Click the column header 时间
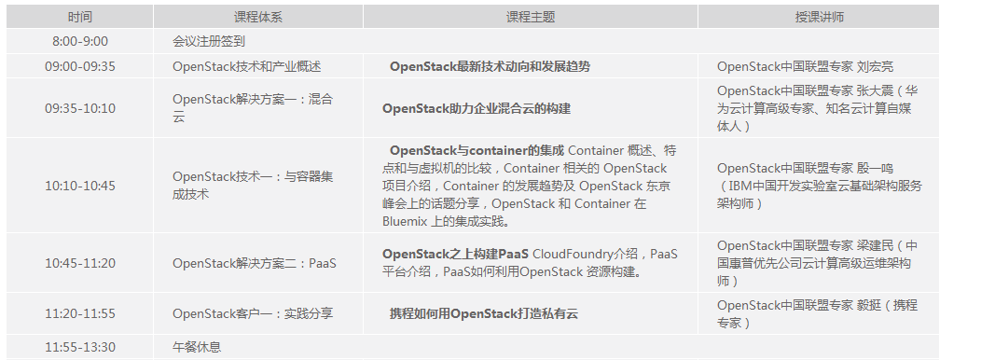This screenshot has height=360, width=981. point(80,18)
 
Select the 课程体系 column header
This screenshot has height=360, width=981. point(258,18)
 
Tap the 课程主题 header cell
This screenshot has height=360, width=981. point(530,18)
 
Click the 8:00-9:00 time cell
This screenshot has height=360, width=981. point(80,42)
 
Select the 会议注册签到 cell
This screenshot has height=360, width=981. point(209,42)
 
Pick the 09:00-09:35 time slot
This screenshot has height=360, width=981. point(80,66)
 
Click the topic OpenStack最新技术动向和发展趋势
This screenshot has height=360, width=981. point(490,66)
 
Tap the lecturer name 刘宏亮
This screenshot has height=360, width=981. point(876,66)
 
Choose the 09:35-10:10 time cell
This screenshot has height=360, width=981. point(80,108)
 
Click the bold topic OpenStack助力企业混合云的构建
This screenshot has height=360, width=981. point(477,108)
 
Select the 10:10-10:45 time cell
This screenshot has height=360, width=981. point(80,186)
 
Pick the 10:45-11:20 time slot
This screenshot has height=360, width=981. point(80,263)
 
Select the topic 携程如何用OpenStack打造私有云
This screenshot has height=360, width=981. point(484,314)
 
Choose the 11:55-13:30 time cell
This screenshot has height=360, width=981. point(80,347)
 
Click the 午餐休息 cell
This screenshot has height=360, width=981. point(197,347)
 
